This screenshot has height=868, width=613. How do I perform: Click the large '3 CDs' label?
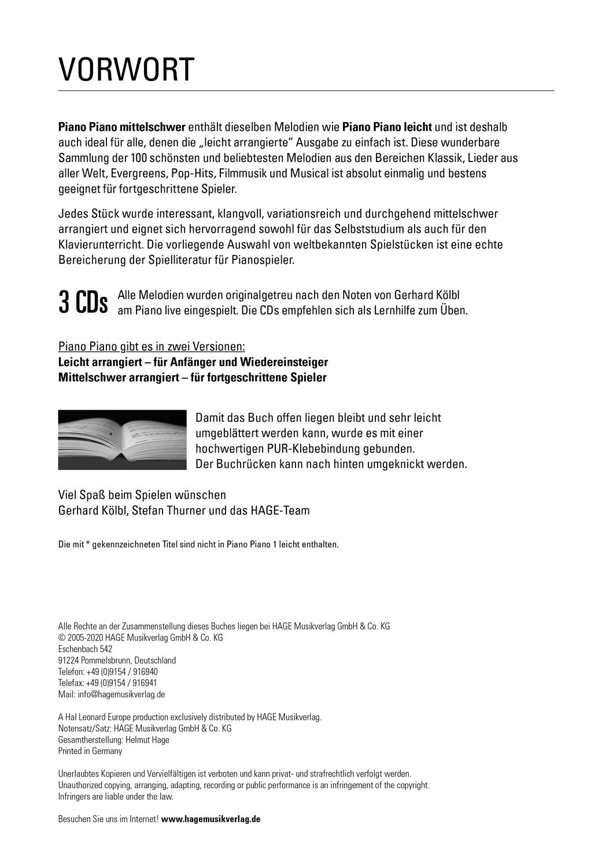[83, 303]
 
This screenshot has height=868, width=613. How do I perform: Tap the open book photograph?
[123, 440]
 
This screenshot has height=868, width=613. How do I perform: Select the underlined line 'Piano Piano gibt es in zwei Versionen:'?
[152, 347]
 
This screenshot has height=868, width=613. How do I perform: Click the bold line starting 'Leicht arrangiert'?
[193, 362]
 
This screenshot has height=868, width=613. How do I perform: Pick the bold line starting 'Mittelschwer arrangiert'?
[193, 378]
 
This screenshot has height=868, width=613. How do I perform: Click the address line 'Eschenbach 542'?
[86, 649]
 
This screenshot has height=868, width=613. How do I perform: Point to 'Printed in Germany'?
[90, 751]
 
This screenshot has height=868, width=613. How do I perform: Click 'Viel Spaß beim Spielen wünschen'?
[142, 495]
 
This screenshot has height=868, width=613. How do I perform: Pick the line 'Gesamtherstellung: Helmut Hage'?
[114, 740]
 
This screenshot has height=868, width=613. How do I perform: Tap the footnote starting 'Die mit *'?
[198, 545]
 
